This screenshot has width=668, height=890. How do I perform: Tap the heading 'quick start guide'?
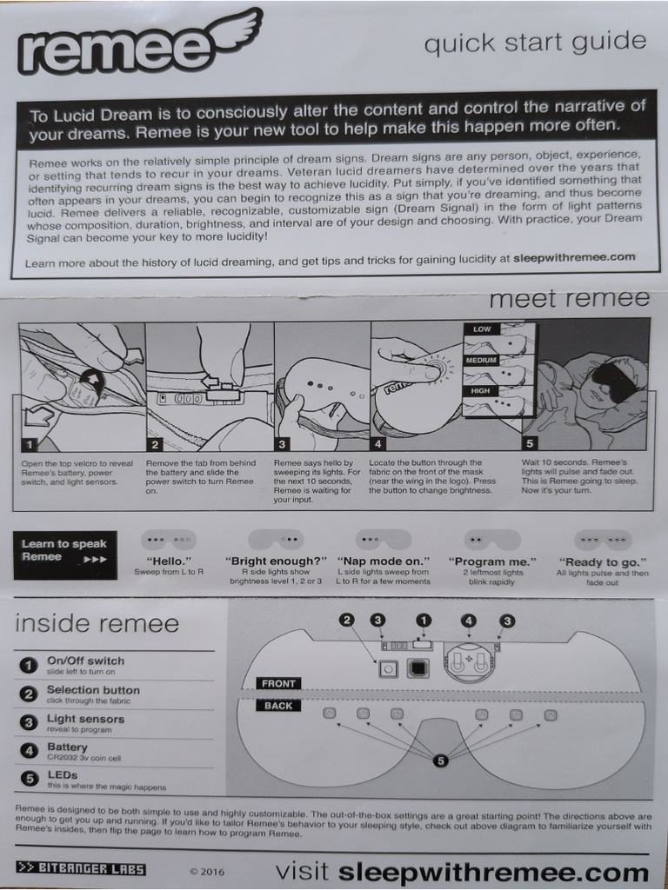click(535, 42)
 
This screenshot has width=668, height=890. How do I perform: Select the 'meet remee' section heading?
click(569, 298)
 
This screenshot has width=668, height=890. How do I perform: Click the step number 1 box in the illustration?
click(30, 442)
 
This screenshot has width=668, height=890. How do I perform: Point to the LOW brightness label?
click(481, 329)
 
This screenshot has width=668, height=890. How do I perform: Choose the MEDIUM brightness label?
click(481, 360)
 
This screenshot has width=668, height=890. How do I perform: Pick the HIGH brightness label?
click(480, 390)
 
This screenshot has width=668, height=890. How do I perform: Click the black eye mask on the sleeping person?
click(614, 381)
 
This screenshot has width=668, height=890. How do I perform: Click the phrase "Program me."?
click(492, 561)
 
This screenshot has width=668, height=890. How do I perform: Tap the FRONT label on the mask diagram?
click(279, 683)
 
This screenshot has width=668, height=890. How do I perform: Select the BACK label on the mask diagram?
click(278, 705)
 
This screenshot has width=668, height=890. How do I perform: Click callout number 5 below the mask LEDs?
click(441, 760)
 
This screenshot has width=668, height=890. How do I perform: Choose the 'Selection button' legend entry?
click(92, 690)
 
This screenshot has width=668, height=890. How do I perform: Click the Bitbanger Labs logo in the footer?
click(81, 868)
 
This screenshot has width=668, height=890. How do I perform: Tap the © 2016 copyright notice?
click(206, 871)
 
